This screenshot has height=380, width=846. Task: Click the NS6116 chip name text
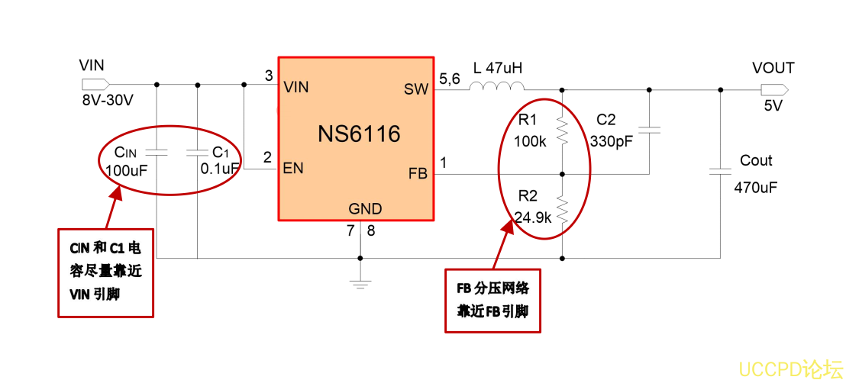tap(359, 134)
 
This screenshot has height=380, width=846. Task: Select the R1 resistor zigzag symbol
tap(562, 131)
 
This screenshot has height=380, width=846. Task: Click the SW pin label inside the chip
tap(416, 89)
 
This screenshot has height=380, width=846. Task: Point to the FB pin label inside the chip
tap(418, 174)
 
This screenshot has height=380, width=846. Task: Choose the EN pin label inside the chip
tap(293, 169)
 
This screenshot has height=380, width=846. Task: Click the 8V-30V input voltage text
tap(107, 101)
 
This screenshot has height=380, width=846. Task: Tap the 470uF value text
tap(755, 188)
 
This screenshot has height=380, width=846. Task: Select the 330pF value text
tap(612, 141)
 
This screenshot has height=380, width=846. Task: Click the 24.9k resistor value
tap(533, 217)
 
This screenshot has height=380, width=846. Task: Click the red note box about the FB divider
tap(492, 300)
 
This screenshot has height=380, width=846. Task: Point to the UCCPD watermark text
tap(789, 369)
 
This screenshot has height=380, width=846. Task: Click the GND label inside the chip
tap(365, 208)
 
